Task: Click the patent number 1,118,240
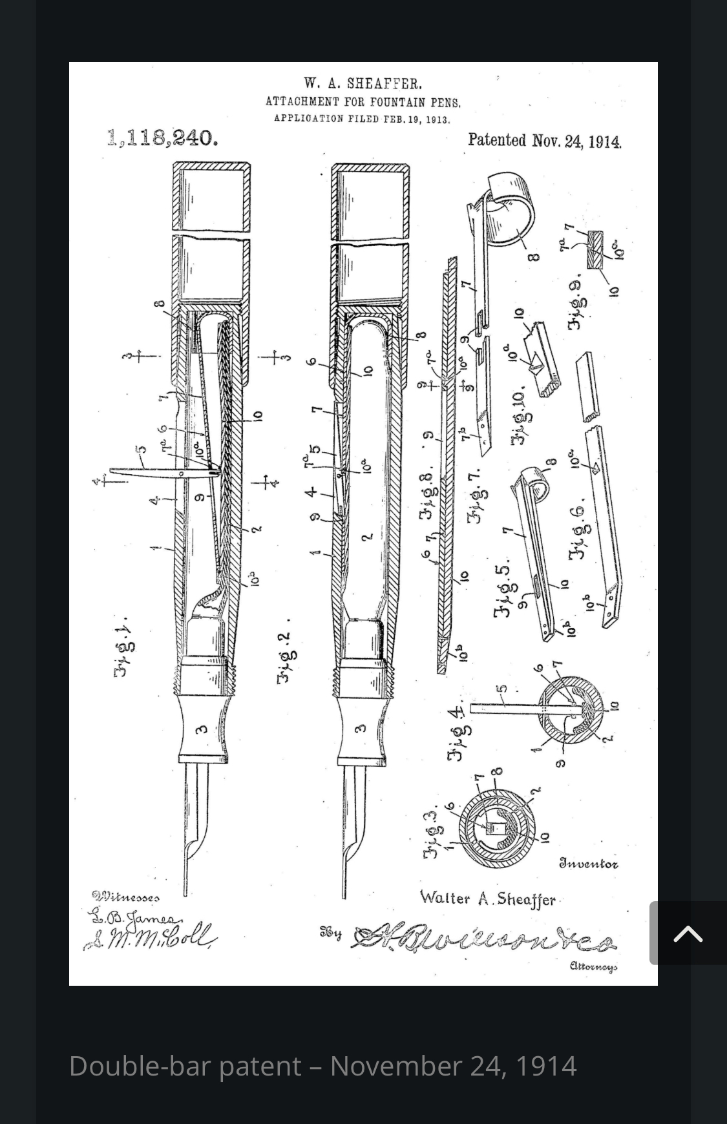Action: tap(162, 138)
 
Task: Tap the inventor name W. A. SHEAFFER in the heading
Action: tap(363, 83)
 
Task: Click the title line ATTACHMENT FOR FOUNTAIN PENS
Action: tap(363, 101)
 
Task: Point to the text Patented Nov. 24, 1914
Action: tap(544, 141)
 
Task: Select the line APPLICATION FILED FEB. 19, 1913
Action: tap(362, 119)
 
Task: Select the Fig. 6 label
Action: tap(576, 528)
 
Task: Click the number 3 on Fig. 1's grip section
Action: tap(202, 729)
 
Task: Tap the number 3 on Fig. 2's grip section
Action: tap(361, 728)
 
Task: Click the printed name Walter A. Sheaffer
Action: tap(487, 899)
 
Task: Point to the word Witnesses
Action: tap(125, 896)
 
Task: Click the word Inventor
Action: tap(588, 864)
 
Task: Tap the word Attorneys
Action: tap(593, 966)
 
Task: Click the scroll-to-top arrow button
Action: tap(688, 933)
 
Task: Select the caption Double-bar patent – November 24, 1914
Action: tap(322, 1066)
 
